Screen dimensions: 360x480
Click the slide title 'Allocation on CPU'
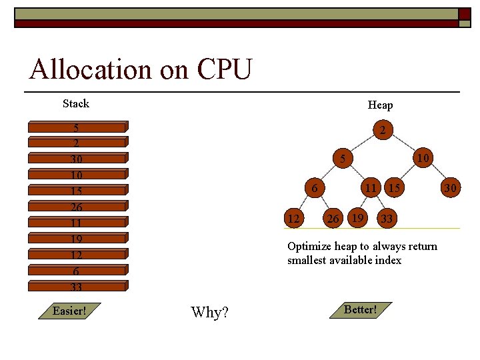(141, 69)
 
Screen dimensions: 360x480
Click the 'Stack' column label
(75, 103)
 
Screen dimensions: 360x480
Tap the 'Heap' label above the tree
(380, 105)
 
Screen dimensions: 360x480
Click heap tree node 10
(422, 159)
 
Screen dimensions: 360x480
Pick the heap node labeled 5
(342, 159)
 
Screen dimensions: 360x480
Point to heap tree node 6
(314, 188)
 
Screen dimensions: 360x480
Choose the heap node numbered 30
(451, 189)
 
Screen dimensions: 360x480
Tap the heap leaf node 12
(293, 218)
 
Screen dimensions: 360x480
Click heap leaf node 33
(386, 218)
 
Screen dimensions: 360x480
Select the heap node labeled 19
(357, 217)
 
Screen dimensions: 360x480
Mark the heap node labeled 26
(333, 218)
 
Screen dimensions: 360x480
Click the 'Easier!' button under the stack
(70, 311)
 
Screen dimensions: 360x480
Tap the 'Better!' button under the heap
(360, 310)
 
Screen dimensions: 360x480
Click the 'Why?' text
(209, 312)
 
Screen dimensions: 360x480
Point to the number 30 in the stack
(76, 159)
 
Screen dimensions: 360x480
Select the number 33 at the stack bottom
(76, 287)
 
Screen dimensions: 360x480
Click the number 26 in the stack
(76, 207)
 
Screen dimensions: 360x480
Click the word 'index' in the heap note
(388, 260)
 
